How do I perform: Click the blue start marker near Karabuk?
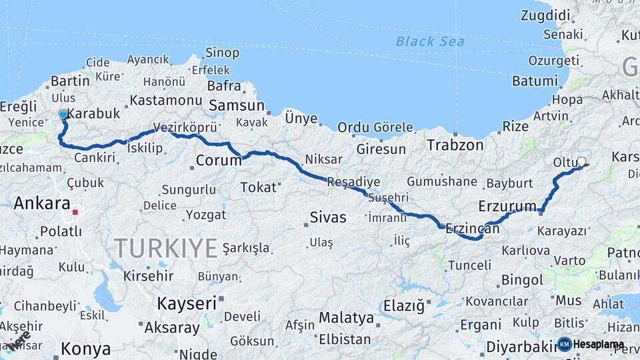(x=63, y=114)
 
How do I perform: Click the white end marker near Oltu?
(x=581, y=161)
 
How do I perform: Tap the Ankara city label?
(x=42, y=203)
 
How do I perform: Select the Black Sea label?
(x=429, y=41)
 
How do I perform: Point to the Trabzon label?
(x=455, y=145)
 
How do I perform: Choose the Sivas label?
(x=328, y=217)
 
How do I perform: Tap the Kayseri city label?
(x=187, y=303)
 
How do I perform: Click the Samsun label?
(x=237, y=105)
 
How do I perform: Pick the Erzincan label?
(x=472, y=228)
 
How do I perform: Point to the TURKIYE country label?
(x=166, y=249)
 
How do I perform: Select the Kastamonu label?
(x=165, y=100)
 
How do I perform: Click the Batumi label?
(x=535, y=81)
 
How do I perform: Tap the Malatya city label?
(x=346, y=317)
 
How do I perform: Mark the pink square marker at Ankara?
(x=75, y=213)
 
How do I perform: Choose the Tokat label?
(x=258, y=187)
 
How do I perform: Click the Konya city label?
(x=85, y=349)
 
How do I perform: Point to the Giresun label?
(x=381, y=149)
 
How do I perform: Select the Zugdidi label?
(x=546, y=15)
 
